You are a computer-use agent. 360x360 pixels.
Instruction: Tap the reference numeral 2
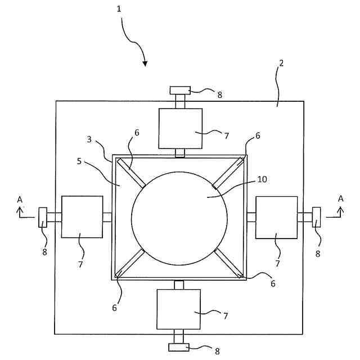[281, 63]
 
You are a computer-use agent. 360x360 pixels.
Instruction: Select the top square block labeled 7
[180, 128]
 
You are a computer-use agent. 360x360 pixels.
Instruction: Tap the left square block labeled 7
[82, 217]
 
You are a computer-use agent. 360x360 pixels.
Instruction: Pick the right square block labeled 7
[276, 217]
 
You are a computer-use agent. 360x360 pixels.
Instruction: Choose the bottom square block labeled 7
[179, 309]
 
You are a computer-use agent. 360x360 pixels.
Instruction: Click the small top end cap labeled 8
[181, 90]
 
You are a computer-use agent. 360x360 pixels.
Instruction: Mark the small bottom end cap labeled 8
[178, 348]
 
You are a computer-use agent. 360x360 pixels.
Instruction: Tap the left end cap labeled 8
[43, 217]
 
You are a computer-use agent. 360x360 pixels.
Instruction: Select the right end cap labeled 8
[316, 217]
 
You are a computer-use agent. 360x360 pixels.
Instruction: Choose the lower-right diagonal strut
[228, 262]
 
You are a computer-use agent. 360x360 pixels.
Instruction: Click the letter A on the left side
[20, 199]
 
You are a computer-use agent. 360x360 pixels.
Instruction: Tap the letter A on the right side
[340, 199]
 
